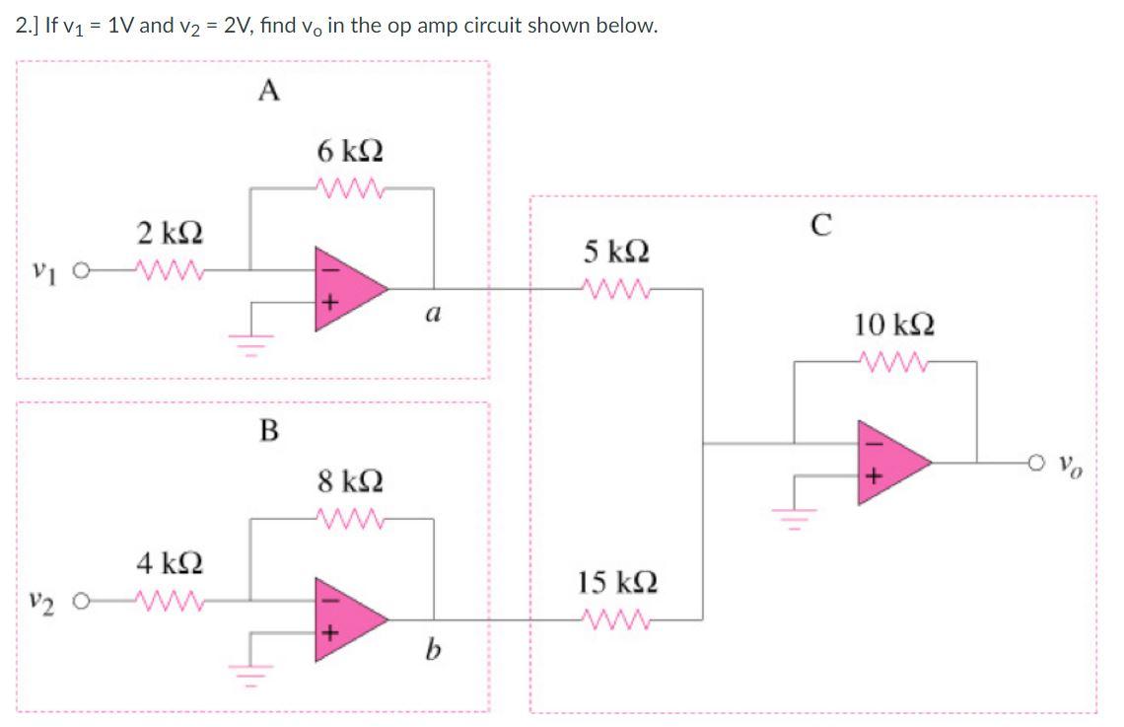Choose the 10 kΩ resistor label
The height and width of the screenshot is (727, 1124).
896,325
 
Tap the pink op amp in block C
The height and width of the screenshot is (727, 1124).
892,460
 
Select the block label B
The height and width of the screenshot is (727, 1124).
267,431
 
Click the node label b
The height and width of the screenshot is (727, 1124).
432,648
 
